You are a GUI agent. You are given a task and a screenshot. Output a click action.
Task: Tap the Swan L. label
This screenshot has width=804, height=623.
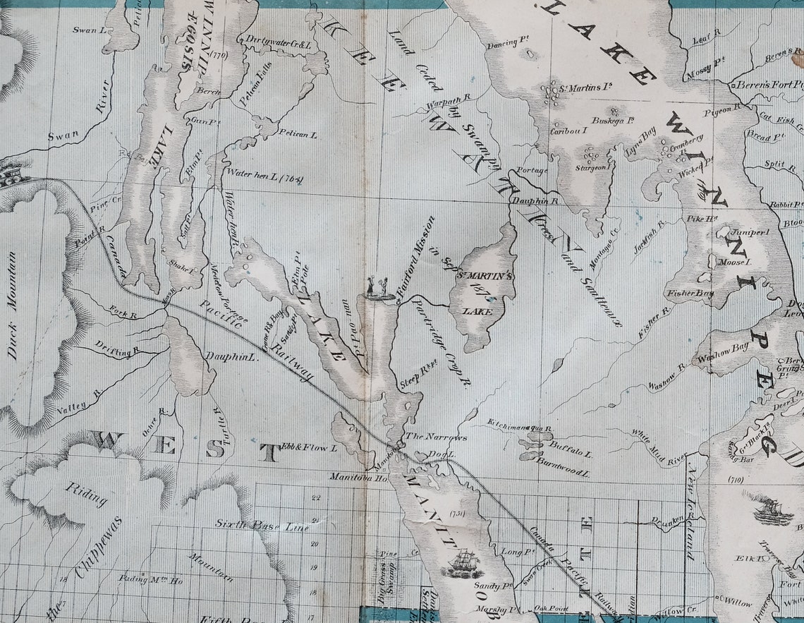[90, 30]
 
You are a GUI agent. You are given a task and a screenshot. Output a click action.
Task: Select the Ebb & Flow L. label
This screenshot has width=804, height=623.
[310, 447]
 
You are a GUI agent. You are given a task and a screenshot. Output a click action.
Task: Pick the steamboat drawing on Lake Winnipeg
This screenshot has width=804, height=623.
[772, 509]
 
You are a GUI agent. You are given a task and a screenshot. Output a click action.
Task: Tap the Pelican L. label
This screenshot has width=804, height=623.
[298, 134]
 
